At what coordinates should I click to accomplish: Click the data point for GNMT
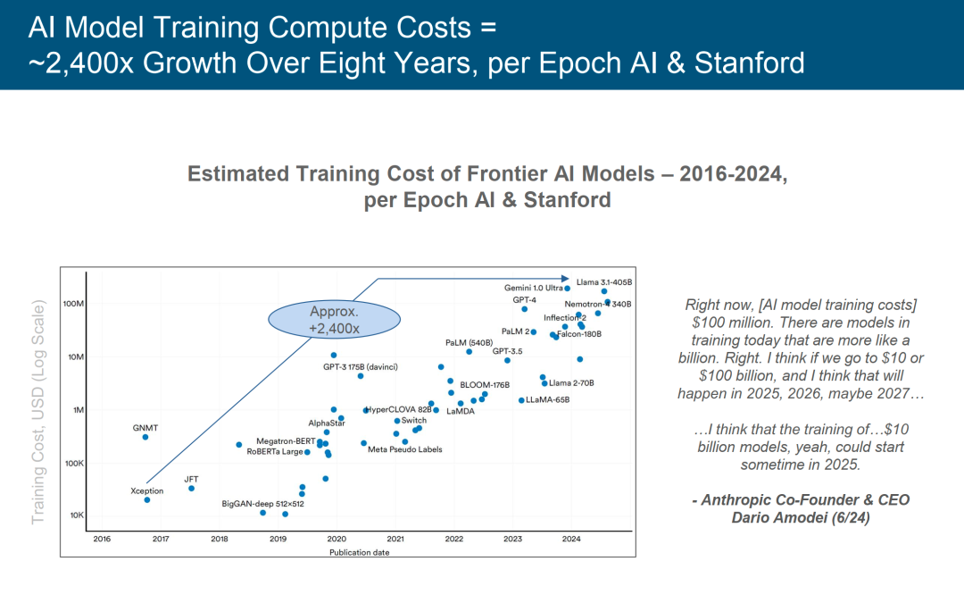[x=145, y=437]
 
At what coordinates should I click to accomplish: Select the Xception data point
[x=147, y=499]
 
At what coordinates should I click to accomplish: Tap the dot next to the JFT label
[x=191, y=488]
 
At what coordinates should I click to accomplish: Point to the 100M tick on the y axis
[x=72, y=304]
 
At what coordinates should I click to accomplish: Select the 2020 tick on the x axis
[x=337, y=539]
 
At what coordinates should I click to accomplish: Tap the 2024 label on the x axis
[x=571, y=539]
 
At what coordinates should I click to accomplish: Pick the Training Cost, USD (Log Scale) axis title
[x=38, y=414]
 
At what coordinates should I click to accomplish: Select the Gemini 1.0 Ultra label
[x=534, y=288]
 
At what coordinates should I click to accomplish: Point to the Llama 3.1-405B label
[x=602, y=282]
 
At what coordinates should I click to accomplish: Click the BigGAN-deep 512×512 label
[x=263, y=504]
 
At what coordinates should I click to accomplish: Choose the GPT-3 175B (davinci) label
[x=360, y=366]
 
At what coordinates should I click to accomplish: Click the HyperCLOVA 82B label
[x=399, y=410]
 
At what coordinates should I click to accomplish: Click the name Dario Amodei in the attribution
[x=801, y=517]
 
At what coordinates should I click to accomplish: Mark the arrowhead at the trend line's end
[x=565, y=279]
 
